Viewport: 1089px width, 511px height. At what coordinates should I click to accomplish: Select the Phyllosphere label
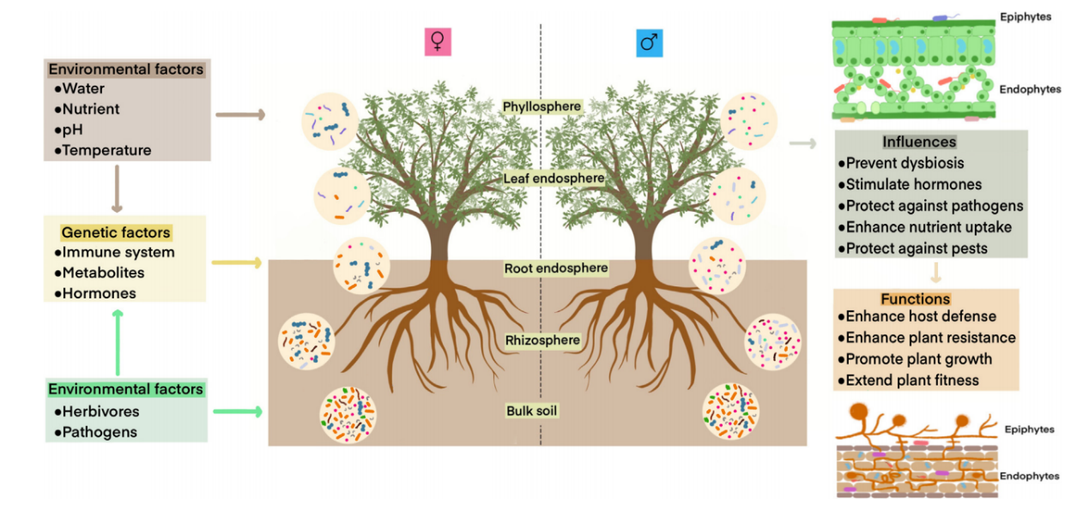pyautogui.click(x=541, y=106)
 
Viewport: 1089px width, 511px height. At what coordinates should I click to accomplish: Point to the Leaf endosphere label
pyautogui.click(x=541, y=178)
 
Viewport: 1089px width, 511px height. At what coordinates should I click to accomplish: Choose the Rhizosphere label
pyautogui.click(x=542, y=340)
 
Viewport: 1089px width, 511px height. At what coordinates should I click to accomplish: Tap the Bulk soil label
pyautogui.click(x=531, y=411)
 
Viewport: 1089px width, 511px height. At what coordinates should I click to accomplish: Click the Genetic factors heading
pyautogui.click(x=116, y=232)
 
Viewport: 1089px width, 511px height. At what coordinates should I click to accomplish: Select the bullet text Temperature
pyautogui.click(x=106, y=150)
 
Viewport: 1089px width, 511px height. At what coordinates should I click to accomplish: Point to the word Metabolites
pyautogui.click(x=103, y=273)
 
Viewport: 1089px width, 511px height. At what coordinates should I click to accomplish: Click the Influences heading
pyautogui.click(x=919, y=142)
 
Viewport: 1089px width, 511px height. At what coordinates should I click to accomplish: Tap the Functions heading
pyautogui.click(x=916, y=299)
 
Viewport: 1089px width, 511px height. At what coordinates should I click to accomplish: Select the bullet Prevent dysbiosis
pyautogui.click(x=904, y=163)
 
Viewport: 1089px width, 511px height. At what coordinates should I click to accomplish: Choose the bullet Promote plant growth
pyautogui.click(x=918, y=359)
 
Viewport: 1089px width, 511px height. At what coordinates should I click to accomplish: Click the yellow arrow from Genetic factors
pyautogui.click(x=235, y=261)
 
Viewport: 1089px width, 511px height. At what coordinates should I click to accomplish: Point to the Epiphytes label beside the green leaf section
pyautogui.click(x=1025, y=16)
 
